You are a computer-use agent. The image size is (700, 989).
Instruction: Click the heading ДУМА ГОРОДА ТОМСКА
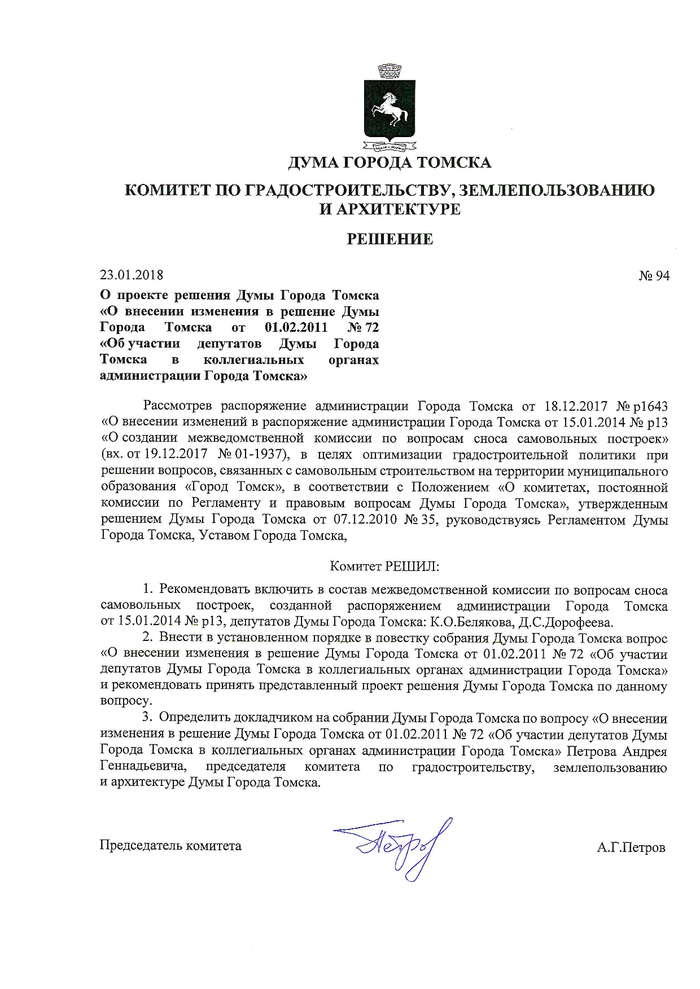click(390, 162)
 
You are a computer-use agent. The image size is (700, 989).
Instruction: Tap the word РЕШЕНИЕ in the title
click(390, 239)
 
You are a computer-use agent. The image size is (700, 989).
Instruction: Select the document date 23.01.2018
click(132, 275)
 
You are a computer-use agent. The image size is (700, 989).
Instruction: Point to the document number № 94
click(654, 275)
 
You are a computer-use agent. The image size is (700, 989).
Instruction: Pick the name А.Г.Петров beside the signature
click(631, 847)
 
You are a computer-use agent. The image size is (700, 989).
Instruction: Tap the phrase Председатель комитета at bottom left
click(170, 846)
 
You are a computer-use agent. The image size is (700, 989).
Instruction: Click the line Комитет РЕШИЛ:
click(384, 566)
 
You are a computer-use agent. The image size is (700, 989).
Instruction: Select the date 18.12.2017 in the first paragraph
click(576, 406)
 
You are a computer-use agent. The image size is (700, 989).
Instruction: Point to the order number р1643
click(650, 406)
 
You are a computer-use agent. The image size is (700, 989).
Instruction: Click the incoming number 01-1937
click(262, 455)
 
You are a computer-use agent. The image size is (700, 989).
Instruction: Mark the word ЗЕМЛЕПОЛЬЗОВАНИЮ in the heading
click(557, 190)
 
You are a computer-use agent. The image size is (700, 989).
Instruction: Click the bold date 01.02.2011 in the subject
click(296, 327)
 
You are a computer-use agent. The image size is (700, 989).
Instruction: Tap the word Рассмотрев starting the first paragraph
click(178, 406)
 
